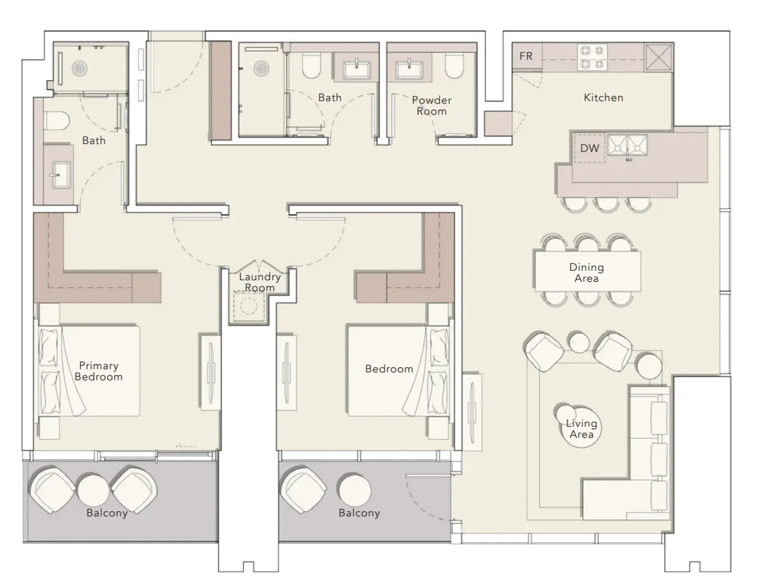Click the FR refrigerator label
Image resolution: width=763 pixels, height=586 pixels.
pyautogui.click(x=526, y=56)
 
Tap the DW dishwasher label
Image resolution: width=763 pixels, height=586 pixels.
pyautogui.click(x=590, y=148)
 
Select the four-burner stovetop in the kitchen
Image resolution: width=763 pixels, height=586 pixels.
pyautogui.click(x=592, y=57)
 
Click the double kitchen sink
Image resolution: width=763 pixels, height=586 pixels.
pyautogui.click(x=628, y=145)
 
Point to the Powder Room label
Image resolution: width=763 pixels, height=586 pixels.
pyautogui.click(x=431, y=106)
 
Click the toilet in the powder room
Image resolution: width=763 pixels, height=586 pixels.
pyautogui.click(x=455, y=65)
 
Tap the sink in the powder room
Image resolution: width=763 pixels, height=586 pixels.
pyautogui.click(x=409, y=69)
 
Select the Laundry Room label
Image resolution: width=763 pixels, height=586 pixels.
pyautogui.click(x=260, y=282)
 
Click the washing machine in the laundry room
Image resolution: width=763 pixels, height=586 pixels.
pyautogui.click(x=249, y=305)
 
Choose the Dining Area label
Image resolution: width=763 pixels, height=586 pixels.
pyautogui.click(x=586, y=273)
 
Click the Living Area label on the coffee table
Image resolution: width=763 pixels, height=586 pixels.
pyautogui.click(x=582, y=429)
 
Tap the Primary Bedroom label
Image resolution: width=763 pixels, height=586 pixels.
pyautogui.click(x=99, y=371)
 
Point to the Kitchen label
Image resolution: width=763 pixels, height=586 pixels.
pyautogui.click(x=603, y=97)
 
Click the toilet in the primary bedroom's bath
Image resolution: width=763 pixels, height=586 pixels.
pyautogui.click(x=56, y=121)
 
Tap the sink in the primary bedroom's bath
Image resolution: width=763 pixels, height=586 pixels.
pyautogui.click(x=61, y=174)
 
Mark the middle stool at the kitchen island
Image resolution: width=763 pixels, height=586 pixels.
pyautogui.click(x=606, y=204)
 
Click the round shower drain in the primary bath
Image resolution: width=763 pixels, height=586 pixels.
pyautogui.click(x=80, y=69)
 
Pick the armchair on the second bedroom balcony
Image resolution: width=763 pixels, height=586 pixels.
pyautogui.click(x=303, y=490)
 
